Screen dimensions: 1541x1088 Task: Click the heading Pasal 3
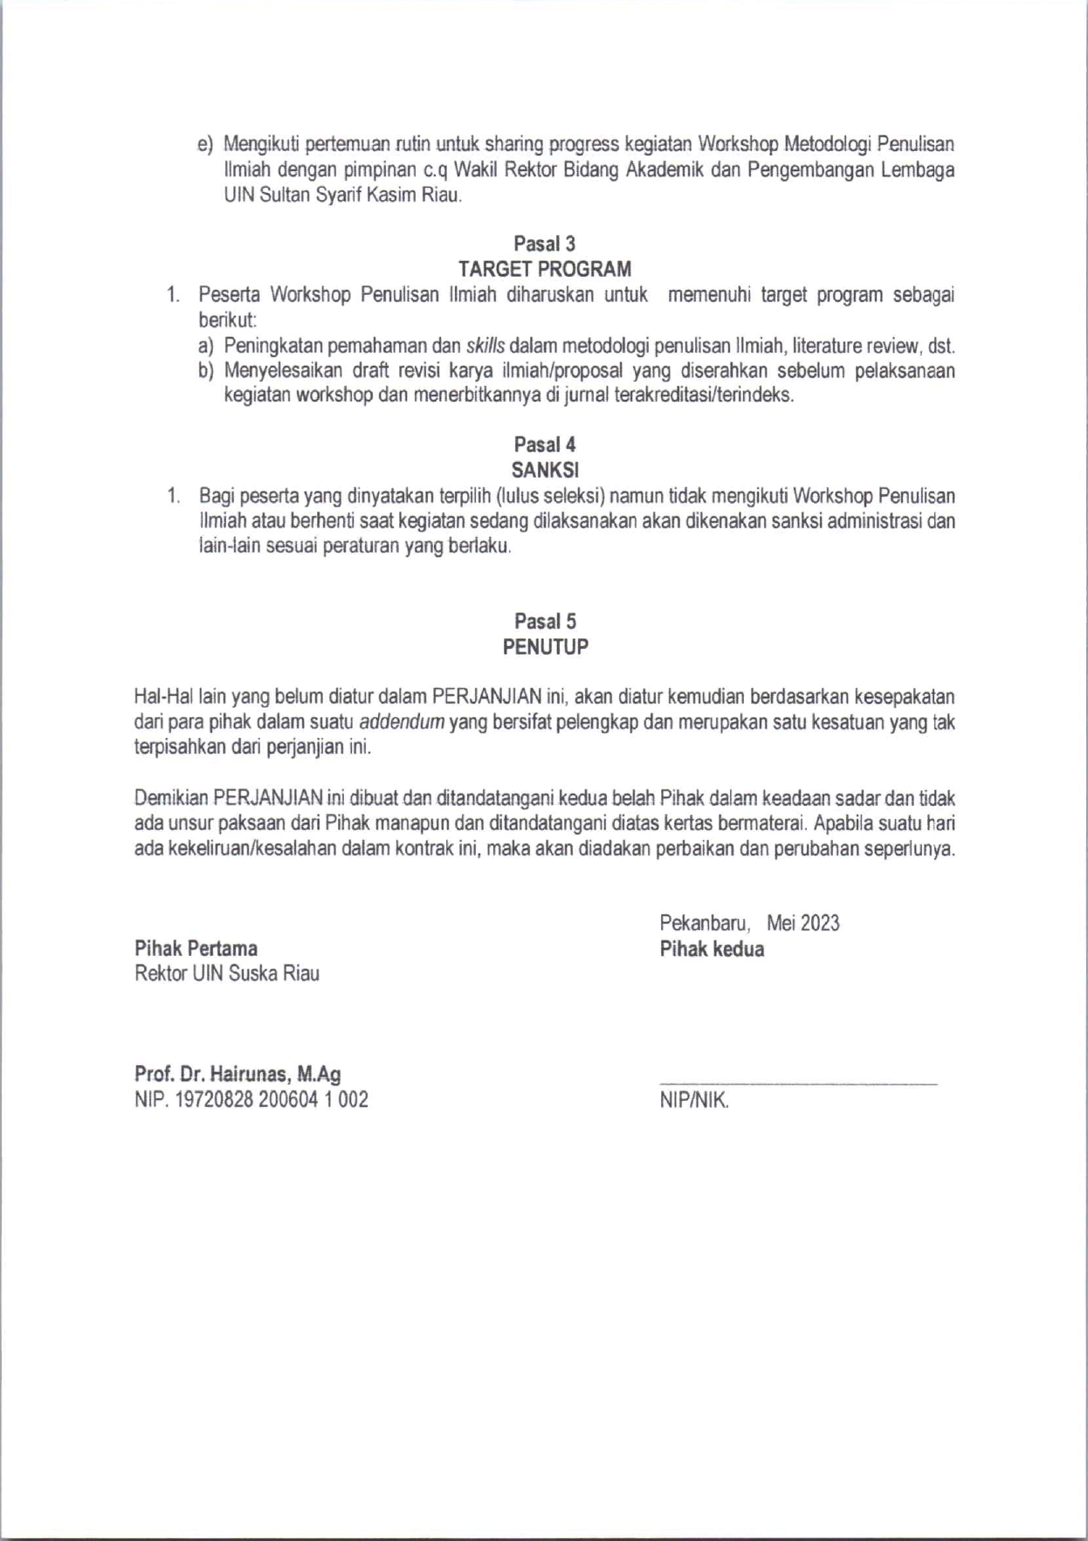pyautogui.click(x=544, y=244)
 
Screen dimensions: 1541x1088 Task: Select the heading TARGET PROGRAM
pyautogui.click(x=544, y=269)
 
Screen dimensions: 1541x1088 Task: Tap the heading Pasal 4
pyautogui.click(x=544, y=444)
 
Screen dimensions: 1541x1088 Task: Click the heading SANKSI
pyautogui.click(x=545, y=470)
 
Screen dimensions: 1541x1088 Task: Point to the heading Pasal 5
pyautogui.click(x=545, y=622)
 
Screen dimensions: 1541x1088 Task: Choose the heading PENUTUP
pyautogui.click(x=545, y=647)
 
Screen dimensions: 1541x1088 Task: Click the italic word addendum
pyautogui.click(x=402, y=723)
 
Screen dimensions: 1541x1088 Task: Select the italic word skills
pyautogui.click(x=485, y=346)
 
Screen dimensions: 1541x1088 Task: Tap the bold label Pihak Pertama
pyautogui.click(x=196, y=948)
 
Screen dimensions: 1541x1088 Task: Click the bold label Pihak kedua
pyautogui.click(x=712, y=949)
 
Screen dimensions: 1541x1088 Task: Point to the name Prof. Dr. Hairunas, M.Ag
pyautogui.click(x=238, y=1074)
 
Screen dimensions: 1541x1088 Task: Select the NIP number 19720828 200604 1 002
pyautogui.click(x=272, y=1100)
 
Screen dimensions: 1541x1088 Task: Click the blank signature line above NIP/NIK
pyautogui.click(x=798, y=1084)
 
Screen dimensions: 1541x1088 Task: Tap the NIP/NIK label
pyautogui.click(x=694, y=1101)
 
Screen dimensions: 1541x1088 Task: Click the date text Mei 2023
pyautogui.click(x=802, y=923)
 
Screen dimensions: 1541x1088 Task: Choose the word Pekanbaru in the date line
pyautogui.click(x=704, y=923)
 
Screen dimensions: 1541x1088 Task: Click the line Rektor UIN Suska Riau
pyautogui.click(x=227, y=973)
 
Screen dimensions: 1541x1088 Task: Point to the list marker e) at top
pyautogui.click(x=205, y=144)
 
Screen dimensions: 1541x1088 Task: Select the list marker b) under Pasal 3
pyautogui.click(x=205, y=371)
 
